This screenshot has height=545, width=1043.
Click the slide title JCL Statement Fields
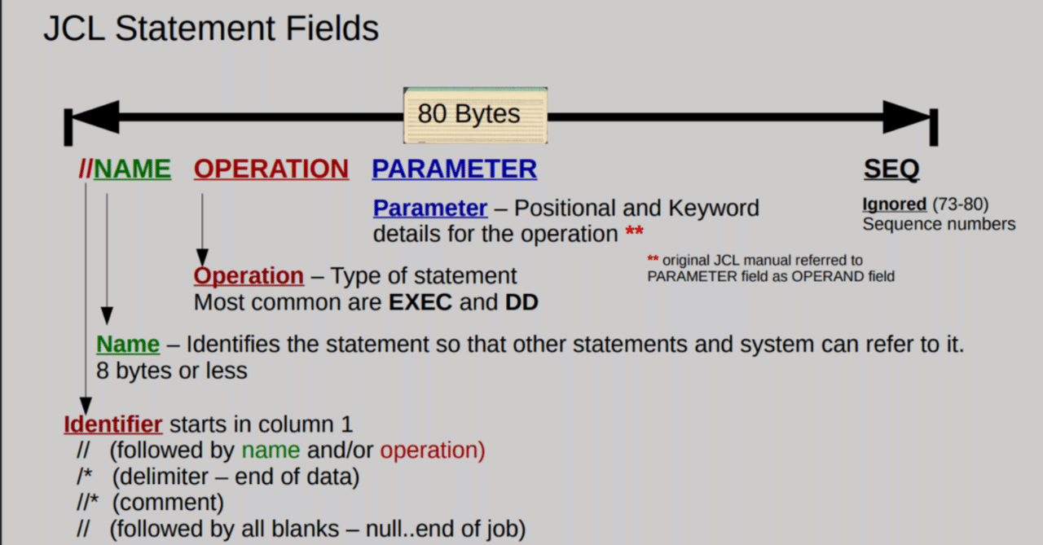point(210,29)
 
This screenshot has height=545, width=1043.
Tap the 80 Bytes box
point(475,115)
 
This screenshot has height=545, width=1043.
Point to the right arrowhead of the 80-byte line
point(906,116)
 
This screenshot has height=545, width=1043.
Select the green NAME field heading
point(133,169)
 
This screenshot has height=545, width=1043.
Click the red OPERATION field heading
point(271,169)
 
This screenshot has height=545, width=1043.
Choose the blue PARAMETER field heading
point(455,169)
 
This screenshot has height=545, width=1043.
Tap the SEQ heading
point(891,169)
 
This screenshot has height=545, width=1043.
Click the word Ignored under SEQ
point(894,204)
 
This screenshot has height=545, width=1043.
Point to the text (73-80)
point(960,204)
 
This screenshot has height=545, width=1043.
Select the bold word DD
point(521,302)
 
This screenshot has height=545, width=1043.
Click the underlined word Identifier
point(113,424)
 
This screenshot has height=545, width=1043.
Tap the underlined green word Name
point(128,345)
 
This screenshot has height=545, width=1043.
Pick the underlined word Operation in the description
point(249,276)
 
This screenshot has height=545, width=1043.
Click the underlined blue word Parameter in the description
point(430,209)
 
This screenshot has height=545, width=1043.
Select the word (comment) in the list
point(168,502)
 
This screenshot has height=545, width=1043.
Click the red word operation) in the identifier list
point(432,451)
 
